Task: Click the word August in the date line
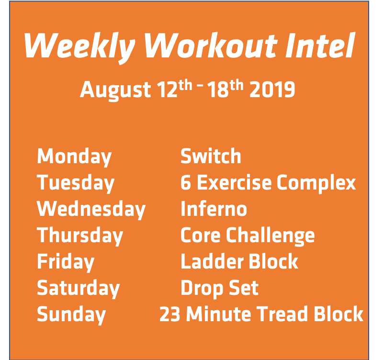pyautogui.click(x=115, y=90)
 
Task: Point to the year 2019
pyautogui.click(x=272, y=90)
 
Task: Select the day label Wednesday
pyautogui.click(x=91, y=210)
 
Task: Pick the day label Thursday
pyautogui.click(x=80, y=236)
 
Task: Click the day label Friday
pyautogui.click(x=66, y=262)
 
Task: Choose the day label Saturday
pyautogui.click(x=78, y=289)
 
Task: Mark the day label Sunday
pyautogui.click(x=71, y=315)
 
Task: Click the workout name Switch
pyautogui.click(x=211, y=157)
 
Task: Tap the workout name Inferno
pyautogui.click(x=214, y=209)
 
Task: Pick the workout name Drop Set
pyautogui.click(x=219, y=288)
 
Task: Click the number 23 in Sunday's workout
pyautogui.click(x=169, y=315)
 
